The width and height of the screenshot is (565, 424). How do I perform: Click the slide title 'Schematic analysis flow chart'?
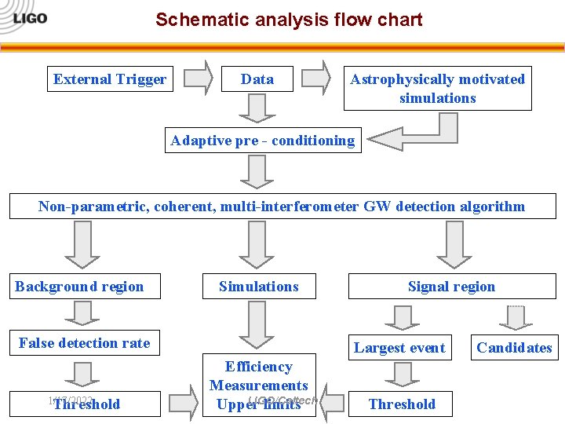click(x=289, y=20)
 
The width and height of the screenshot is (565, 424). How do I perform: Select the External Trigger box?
click(x=110, y=79)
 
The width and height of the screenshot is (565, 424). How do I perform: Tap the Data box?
click(x=257, y=79)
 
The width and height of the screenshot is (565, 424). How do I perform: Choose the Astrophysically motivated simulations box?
click(x=437, y=88)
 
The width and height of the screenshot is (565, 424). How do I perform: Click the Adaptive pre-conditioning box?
click(x=263, y=141)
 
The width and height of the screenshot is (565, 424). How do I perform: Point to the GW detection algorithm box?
click(x=282, y=207)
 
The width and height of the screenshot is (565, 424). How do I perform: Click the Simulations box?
click(x=259, y=287)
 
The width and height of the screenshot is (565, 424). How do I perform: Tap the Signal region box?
click(x=452, y=287)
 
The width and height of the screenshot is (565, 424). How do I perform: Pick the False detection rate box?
click(x=85, y=343)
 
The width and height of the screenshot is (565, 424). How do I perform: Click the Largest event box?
click(x=399, y=348)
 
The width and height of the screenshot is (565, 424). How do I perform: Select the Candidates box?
click(x=515, y=348)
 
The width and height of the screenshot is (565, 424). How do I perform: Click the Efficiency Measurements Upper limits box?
click(x=259, y=386)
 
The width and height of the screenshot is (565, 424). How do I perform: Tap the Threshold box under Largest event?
click(x=402, y=404)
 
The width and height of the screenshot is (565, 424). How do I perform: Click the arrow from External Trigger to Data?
click(x=198, y=78)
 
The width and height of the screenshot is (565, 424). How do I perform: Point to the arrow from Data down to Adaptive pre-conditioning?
click(x=257, y=108)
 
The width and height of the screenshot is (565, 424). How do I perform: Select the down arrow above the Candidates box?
click(x=515, y=316)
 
